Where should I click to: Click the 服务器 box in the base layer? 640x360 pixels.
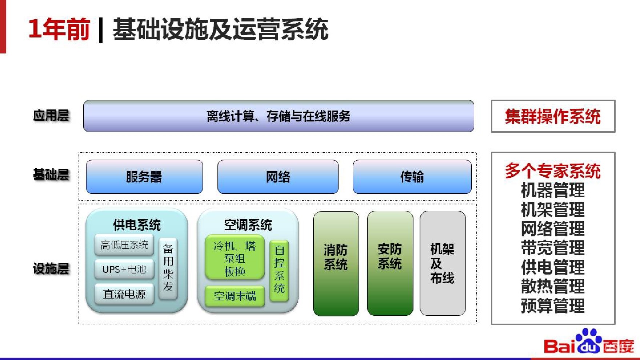click(144, 177)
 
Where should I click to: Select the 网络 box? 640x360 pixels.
click(278, 177)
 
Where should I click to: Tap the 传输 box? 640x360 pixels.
click(412, 177)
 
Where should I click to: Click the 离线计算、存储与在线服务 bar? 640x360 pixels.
click(279, 116)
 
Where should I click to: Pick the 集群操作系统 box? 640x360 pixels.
click(553, 116)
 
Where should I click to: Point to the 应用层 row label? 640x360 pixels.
click(51, 116)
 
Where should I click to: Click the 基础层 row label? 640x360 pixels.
click(51, 175)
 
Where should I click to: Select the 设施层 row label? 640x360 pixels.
click(51, 269)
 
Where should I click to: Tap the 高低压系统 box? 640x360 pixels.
click(124, 245)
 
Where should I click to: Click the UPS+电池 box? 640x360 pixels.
click(124, 269)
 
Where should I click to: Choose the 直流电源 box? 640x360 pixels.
click(124, 294)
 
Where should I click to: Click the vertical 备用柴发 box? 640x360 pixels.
click(168, 268)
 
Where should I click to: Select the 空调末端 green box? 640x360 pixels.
click(235, 296)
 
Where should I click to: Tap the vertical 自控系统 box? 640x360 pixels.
click(279, 270)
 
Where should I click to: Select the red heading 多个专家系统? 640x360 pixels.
click(553, 171)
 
